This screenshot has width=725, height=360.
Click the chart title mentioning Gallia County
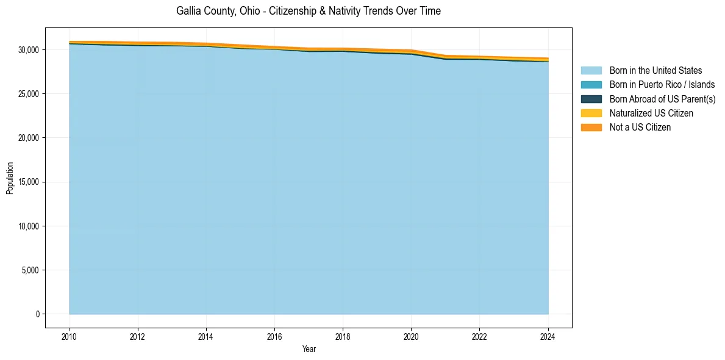308,11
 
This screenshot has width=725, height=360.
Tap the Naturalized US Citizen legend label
651,113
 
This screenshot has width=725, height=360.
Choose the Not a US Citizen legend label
640,127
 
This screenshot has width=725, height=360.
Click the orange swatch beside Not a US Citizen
591,127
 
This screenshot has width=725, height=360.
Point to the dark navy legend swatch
591,99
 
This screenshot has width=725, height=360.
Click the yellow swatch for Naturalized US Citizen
591,113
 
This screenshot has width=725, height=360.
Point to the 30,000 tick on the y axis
29,49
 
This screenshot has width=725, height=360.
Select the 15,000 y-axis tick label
29,182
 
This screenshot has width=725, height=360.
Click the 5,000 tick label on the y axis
30,270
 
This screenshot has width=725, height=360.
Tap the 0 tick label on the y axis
37,314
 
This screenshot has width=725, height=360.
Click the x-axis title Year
309,349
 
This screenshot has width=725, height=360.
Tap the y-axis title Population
10,178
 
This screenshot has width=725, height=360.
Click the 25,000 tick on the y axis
29,94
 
